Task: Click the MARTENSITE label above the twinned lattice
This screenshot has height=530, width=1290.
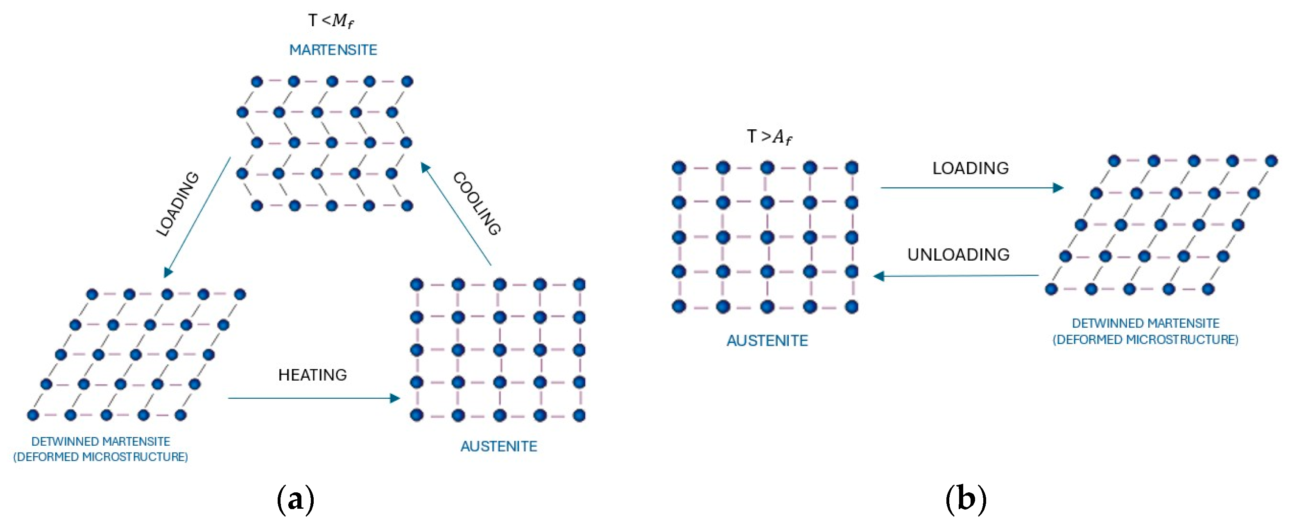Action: pyautogui.click(x=333, y=50)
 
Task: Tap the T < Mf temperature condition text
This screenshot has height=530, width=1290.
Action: pyautogui.click(x=330, y=21)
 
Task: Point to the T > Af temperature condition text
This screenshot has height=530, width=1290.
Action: pyautogui.click(x=769, y=137)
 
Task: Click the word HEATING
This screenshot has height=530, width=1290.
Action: pyautogui.click(x=312, y=375)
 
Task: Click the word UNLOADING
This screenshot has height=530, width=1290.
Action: pyautogui.click(x=958, y=255)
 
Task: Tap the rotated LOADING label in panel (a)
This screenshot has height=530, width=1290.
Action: pyautogui.click(x=178, y=204)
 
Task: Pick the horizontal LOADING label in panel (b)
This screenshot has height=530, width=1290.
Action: pyautogui.click(x=970, y=168)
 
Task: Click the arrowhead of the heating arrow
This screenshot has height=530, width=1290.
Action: pyautogui.click(x=395, y=398)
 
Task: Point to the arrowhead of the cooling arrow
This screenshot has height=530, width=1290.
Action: pyautogui.click(x=425, y=167)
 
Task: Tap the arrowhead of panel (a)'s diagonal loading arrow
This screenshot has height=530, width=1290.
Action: pyautogui.click(x=168, y=272)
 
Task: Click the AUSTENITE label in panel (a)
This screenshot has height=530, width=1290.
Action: pyautogui.click(x=499, y=447)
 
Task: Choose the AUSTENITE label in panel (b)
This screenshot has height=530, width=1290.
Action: pyautogui.click(x=767, y=341)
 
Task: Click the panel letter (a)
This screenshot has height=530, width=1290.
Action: pyautogui.click(x=295, y=499)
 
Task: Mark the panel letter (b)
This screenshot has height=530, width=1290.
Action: pyautogui.click(x=966, y=499)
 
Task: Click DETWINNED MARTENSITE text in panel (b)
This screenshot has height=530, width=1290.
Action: pyautogui.click(x=1145, y=323)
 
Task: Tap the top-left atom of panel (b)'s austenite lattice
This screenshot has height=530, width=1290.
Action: pyautogui.click(x=679, y=168)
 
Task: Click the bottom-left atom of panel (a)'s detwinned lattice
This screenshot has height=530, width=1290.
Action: pyautogui.click(x=33, y=415)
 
